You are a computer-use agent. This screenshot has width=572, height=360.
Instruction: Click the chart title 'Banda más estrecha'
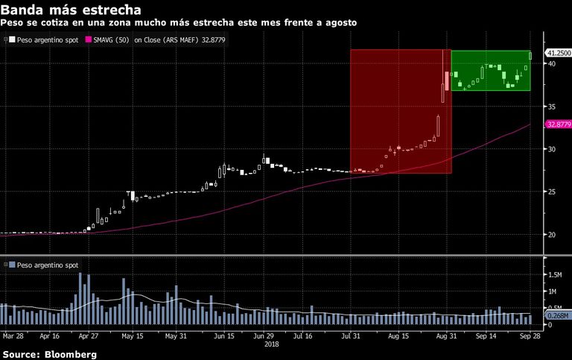coord(71,10)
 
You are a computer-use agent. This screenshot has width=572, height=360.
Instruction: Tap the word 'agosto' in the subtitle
coord(341,23)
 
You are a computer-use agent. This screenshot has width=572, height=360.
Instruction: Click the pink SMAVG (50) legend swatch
coord(89,40)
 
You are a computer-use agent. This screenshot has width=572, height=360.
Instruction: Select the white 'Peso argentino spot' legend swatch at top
coord(12,40)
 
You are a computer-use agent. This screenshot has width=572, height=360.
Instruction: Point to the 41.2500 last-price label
coord(558,53)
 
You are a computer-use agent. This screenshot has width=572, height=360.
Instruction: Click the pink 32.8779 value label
coord(559,124)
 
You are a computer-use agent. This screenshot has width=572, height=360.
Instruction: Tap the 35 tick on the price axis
coord(552,107)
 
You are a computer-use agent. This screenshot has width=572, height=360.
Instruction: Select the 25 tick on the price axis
coord(552,192)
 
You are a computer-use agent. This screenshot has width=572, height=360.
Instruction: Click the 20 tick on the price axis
coord(552,235)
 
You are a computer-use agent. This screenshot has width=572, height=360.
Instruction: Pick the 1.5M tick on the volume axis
coord(555,274)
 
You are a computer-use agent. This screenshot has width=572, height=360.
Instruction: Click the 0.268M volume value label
coord(558,315)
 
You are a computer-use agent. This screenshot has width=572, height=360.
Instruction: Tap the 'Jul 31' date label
coord(351,336)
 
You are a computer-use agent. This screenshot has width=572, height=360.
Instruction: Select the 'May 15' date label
coord(133,336)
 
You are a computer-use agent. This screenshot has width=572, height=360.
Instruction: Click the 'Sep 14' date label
coord(486,336)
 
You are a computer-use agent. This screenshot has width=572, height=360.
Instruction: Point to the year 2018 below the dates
coord(271,344)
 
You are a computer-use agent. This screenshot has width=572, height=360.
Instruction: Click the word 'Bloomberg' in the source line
coord(71,354)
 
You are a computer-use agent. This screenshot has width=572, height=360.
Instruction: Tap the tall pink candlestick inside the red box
coord(447,81)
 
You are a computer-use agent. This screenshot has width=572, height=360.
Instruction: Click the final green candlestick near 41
coord(530,55)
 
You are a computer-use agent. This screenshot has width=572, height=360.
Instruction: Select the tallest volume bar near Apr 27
coord(80,298)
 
